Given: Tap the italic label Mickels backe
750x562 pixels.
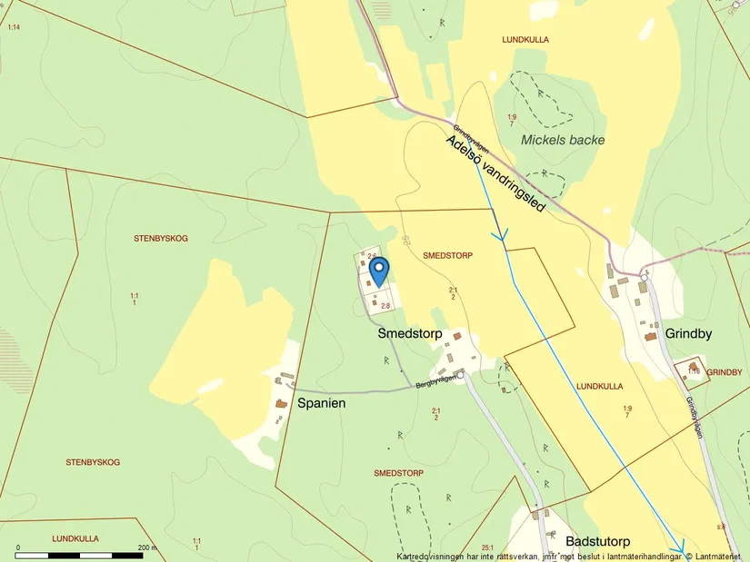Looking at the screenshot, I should click(x=563, y=140).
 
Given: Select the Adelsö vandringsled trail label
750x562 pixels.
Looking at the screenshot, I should click(x=495, y=174).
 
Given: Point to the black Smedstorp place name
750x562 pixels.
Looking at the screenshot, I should click(x=410, y=334).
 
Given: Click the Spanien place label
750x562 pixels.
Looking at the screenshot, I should click(x=322, y=402).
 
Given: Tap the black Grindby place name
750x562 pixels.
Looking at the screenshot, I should click(x=688, y=333).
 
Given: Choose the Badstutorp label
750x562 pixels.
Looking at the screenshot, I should click(x=597, y=541).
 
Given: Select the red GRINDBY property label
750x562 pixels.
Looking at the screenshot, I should click(x=724, y=372).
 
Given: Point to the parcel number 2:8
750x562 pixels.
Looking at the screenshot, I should click(x=385, y=306).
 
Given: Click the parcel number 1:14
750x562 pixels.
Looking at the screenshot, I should click(x=14, y=27).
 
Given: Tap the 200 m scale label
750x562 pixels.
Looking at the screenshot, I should click(x=147, y=547).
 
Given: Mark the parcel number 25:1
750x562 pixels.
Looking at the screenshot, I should click(x=487, y=547).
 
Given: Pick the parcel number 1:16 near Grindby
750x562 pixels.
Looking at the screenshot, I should click(x=694, y=370).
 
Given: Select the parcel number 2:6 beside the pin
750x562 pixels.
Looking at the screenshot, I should click(x=372, y=257).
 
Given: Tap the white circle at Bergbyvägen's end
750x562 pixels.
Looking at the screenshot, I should click(x=460, y=374).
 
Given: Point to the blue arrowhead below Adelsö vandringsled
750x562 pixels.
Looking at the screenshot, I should click(x=499, y=234).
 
